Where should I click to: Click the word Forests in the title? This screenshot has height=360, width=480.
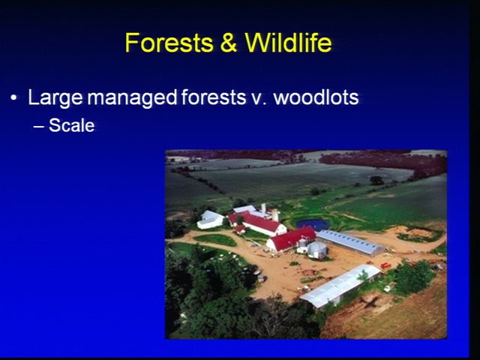tap(169, 43)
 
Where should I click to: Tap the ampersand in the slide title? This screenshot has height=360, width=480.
tap(228, 43)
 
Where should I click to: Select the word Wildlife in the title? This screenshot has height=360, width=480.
tap(288, 43)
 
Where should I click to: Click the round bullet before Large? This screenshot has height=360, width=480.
tap(13, 98)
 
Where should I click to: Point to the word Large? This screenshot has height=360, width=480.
tap(55, 98)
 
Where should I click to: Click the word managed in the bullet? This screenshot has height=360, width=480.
tap(132, 98)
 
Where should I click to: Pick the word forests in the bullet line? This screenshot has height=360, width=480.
tap(213, 97)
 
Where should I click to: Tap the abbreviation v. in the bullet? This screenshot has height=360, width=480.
tap(257, 100)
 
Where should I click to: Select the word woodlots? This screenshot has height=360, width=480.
tap(316, 97)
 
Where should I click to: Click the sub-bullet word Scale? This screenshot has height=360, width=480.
tap(72, 125)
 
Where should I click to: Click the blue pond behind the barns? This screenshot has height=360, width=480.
tap(312, 224)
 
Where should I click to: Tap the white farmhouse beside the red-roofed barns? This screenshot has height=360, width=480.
tap(210, 220)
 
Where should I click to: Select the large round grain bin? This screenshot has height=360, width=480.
tap(317, 250)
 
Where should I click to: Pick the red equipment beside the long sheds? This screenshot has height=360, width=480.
tap(385, 265)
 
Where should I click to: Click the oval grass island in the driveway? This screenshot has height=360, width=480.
tap(214, 240)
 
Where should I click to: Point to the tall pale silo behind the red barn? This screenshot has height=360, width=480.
tap(275, 215)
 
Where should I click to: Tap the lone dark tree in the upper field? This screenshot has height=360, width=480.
tap(376, 180)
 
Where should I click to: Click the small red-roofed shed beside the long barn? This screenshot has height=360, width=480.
tap(240, 229)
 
